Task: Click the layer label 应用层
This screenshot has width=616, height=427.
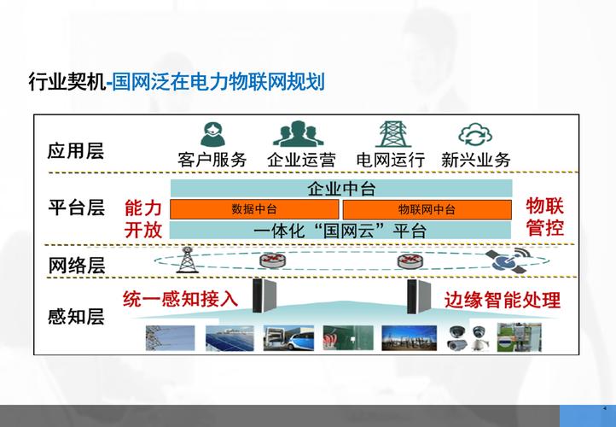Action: (75, 151)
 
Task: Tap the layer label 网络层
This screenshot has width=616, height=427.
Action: (75, 265)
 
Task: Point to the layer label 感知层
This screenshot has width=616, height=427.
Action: (75, 317)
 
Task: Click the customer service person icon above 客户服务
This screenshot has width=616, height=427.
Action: (212, 134)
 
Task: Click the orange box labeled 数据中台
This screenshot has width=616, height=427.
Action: (255, 209)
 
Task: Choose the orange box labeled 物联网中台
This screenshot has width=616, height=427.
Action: (427, 209)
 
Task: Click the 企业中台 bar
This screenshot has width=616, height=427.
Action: (341, 189)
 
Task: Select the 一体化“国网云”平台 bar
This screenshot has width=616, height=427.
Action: (341, 230)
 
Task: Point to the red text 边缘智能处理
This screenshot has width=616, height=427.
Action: (503, 300)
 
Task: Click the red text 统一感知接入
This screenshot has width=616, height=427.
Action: (180, 298)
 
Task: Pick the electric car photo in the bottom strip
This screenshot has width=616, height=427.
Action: (282, 339)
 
